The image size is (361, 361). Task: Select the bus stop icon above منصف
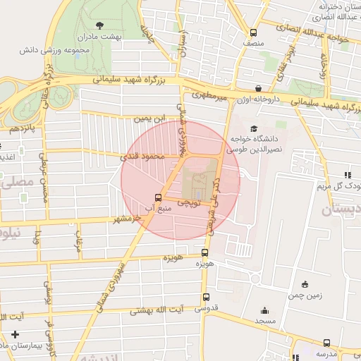click(x=253, y=32)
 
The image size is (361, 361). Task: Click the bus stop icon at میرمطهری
click(x=258, y=90)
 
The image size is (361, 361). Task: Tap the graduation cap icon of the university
click(x=254, y=127)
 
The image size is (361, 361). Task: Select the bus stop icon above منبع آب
click(x=157, y=197)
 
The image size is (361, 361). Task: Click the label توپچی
click(x=188, y=202)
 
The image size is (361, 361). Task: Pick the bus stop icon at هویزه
click(x=205, y=252)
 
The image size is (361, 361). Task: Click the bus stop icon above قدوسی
click(x=206, y=297)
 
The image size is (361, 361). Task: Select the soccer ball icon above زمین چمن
click(x=305, y=283)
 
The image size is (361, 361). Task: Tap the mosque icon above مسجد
click(x=264, y=310)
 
